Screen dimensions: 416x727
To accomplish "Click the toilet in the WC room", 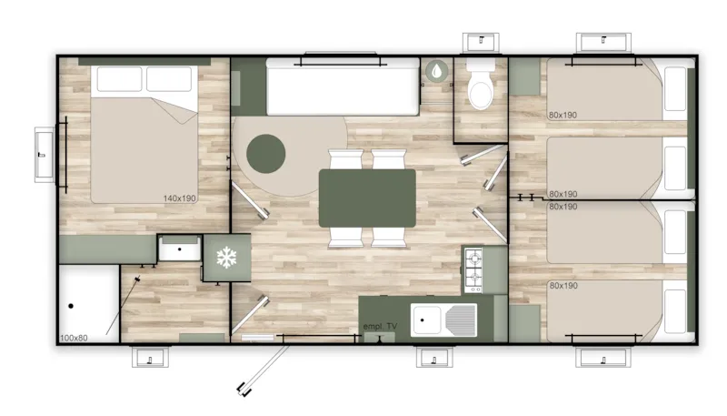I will (479, 86).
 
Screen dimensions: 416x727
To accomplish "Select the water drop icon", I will (437, 71).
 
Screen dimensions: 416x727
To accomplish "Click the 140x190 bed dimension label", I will (181, 198).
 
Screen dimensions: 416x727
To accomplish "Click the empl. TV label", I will (380, 327).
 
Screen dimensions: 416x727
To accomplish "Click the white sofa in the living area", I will (342, 88).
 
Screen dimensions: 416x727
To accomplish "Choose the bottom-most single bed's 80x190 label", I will (563, 286).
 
